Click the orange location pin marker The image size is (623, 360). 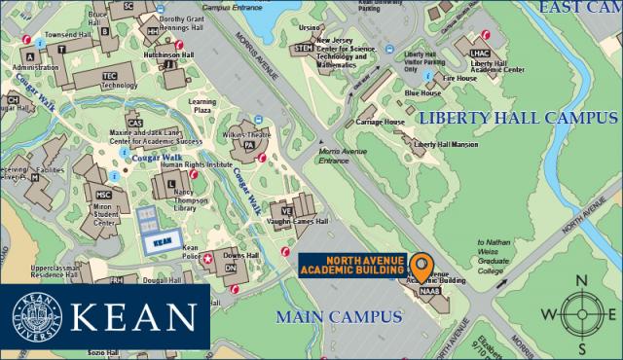421,265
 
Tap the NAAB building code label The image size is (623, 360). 430,290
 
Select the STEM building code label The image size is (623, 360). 304,47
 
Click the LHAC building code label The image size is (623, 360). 480,54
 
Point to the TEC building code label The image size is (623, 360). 109,75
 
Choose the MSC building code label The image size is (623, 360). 104,195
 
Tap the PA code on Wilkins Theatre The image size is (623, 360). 248,146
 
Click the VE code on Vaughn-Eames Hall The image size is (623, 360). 286,210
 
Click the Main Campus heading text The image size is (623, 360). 339,317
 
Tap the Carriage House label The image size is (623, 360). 380,123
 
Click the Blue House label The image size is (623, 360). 423,93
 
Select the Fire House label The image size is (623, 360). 459,78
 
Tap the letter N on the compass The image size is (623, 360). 582,282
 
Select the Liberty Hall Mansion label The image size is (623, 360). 445,144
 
